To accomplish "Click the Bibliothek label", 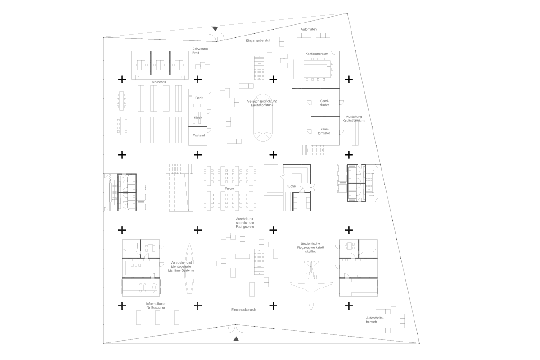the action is point(158,82).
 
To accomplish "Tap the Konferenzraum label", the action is point(316,54).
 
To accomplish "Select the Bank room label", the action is point(199,98).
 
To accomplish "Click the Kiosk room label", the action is point(198,117).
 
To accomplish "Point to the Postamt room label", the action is point(199,135).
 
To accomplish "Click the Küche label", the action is point(291,186).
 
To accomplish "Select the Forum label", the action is point(229,189).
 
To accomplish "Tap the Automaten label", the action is point(309,29).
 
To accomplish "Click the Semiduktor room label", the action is point(324,103).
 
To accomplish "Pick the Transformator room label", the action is point(324,131).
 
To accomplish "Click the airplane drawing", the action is point(311,284).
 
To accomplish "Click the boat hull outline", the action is point(189,268).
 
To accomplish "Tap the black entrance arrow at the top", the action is point(215,29).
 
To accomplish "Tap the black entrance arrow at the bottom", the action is point(236,339).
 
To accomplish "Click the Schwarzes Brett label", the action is point(200,51).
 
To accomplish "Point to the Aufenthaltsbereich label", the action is point(374,320).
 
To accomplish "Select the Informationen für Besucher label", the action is point(156,306).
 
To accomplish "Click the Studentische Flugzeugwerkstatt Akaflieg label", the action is point(310,247).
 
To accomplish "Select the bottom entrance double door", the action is point(235,328).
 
